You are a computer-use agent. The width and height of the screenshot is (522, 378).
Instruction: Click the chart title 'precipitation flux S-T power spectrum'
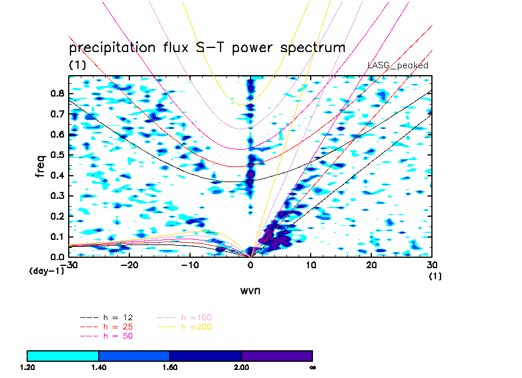click(x=207, y=47)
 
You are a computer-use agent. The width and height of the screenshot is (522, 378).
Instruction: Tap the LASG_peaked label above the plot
click(x=398, y=65)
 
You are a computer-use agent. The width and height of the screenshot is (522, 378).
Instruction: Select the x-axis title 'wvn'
click(x=250, y=290)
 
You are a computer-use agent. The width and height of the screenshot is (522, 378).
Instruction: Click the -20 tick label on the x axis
click(x=128, y=265)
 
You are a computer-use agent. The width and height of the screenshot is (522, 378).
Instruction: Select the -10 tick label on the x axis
click(x=189, y=265)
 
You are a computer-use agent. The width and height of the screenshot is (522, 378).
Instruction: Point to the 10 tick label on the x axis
click(x=311, y=265)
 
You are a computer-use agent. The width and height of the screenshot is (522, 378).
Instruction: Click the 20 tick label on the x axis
click(x=371, y=265)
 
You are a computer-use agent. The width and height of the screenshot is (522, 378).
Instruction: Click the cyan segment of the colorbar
click(x=63, y=355)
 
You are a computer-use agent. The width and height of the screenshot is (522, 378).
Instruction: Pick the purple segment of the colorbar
click(x=277, y=355)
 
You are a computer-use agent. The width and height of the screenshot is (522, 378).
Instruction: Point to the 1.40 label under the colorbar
click(x=99, y=367)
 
